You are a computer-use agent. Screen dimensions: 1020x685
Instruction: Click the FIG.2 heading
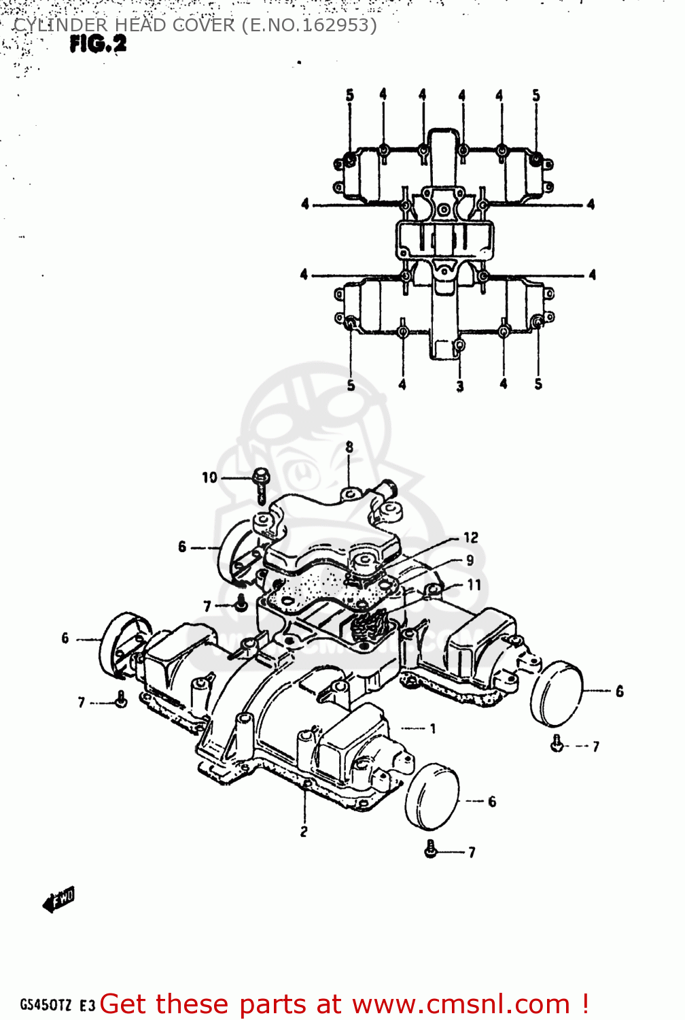[98, 44]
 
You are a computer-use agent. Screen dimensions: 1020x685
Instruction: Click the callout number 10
[209, 477]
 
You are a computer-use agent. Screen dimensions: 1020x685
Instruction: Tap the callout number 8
[349, 447]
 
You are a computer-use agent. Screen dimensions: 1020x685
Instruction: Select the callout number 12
[471, 537]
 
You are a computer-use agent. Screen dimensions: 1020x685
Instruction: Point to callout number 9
[470, 560]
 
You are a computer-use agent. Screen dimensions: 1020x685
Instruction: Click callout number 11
[474, 584]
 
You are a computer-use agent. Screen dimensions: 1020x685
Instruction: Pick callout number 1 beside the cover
[433, 728]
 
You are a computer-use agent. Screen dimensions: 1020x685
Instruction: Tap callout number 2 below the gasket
[304, 831]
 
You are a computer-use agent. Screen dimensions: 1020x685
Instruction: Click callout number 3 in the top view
[460, 386]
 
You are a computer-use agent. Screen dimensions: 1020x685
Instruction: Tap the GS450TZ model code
[46, 1005]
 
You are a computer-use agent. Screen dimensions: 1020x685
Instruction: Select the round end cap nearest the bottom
[432, 796]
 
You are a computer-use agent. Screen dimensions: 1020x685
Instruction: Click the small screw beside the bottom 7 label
[429, 848]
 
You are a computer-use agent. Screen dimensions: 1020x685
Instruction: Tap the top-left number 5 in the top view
[350, 95]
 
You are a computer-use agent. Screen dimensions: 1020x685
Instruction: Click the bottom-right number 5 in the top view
[538, 384]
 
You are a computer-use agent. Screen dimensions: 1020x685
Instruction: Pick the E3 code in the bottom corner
[87, 1006]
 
